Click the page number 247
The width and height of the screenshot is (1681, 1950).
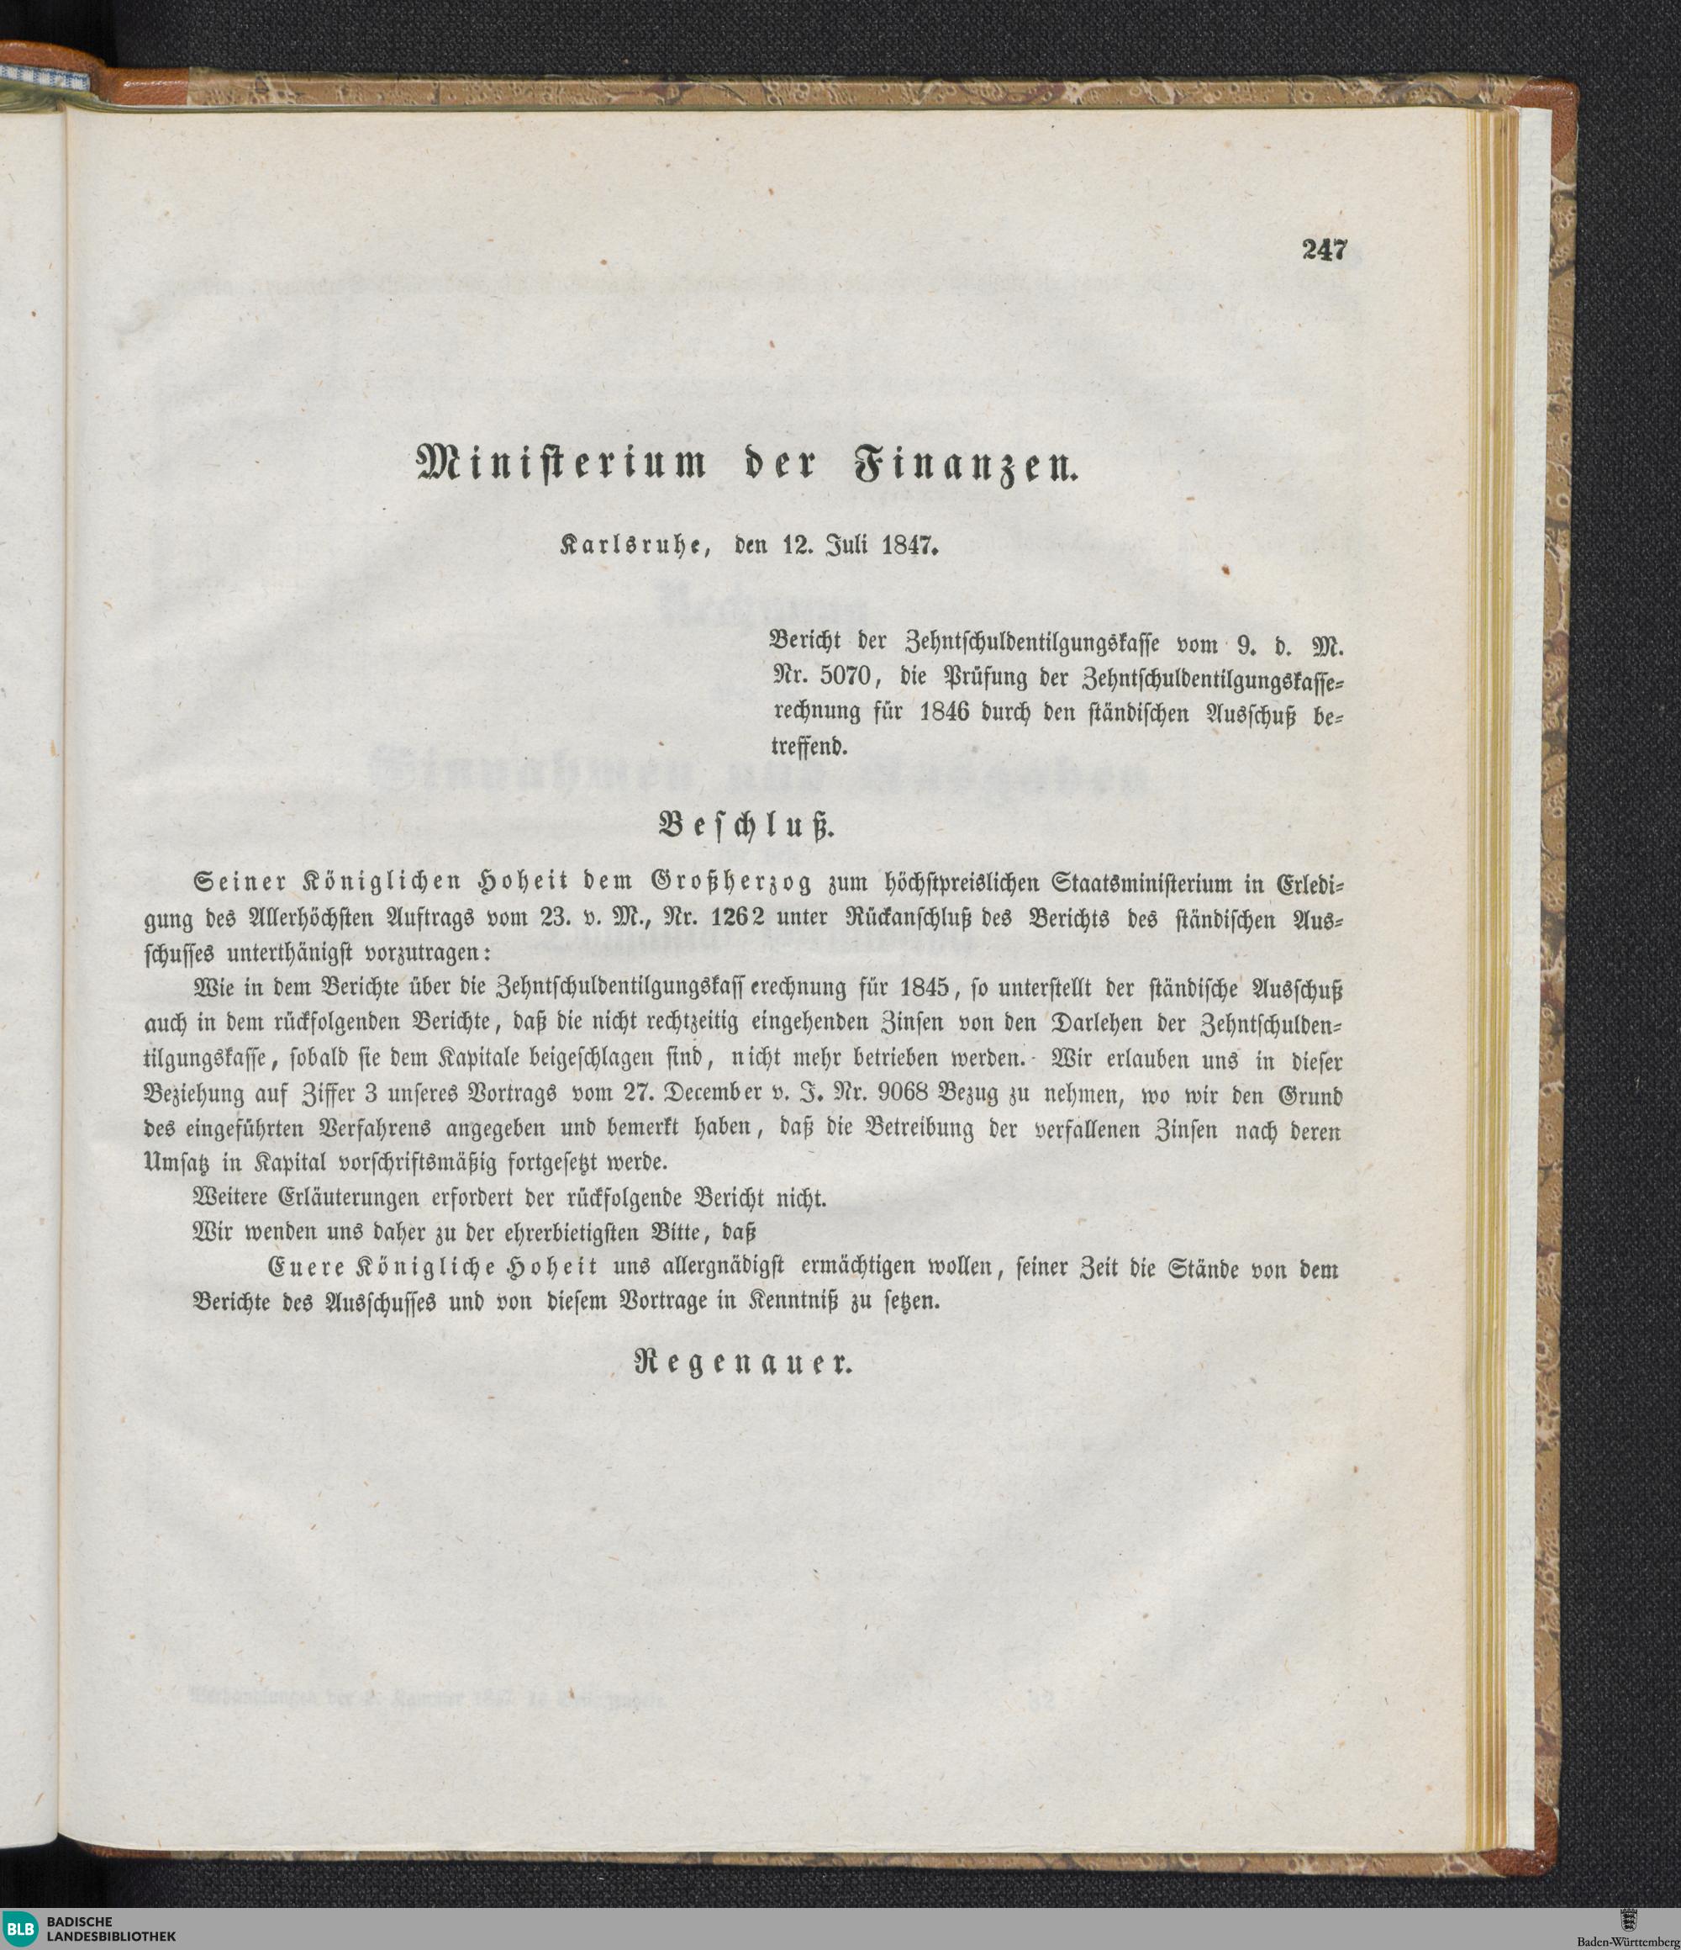pyautogui.click(x=1325, y=251)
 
